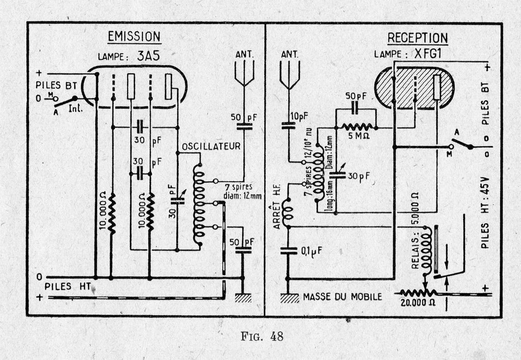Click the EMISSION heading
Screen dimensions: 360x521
(134, 36)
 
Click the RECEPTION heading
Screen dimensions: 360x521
(417, 38)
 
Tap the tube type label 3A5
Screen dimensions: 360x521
(148, 56)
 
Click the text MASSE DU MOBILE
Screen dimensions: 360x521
(342, 296)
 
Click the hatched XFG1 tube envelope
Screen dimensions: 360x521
(414, 88)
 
